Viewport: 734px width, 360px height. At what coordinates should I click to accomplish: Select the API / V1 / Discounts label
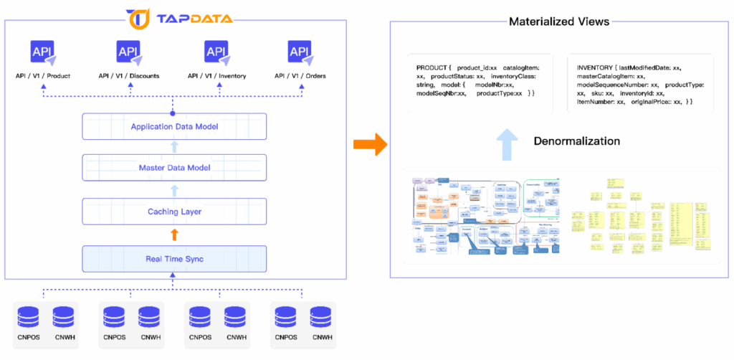129,75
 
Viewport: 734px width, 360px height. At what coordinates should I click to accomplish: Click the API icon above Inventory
217,53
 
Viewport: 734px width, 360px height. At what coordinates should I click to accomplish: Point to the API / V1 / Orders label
301,75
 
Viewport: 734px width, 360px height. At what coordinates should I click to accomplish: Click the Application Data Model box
174,127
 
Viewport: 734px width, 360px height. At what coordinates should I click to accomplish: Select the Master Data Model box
174,169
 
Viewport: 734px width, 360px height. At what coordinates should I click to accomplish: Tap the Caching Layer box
174,212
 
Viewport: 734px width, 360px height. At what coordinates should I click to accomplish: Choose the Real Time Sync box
174,258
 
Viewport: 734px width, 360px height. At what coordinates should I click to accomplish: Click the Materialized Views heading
559,22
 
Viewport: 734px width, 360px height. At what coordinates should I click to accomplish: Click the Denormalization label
576,141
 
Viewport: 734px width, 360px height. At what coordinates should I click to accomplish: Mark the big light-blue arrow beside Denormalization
506,144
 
